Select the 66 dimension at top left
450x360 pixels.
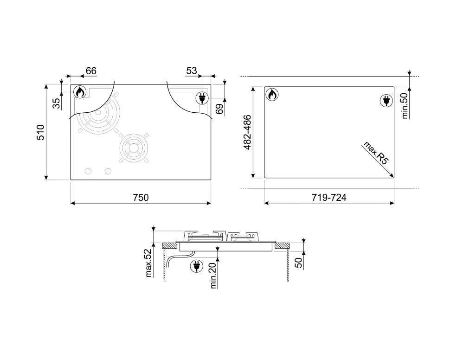coord(91,71)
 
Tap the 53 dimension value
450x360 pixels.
coord(192,71)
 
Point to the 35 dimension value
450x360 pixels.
coord(56,103)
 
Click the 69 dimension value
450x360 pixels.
coord(220,109)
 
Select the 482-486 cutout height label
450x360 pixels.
coord(247,132)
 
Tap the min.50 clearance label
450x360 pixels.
coord(405,106)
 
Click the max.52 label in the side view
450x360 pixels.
coord(148,263)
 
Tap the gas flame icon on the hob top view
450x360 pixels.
coord(80,92)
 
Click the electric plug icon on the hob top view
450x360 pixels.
coord(202,98)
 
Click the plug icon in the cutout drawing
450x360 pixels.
coord(386,101)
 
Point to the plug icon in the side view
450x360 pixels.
coord(196,266)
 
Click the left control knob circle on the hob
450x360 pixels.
coord(88,171)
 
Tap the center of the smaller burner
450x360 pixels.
coord(134,148)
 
